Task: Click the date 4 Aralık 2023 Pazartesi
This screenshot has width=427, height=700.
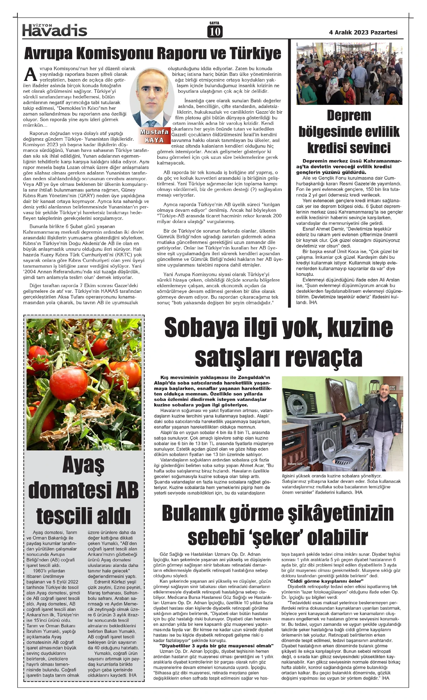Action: [363, 32]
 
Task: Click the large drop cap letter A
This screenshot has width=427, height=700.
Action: [31, 74]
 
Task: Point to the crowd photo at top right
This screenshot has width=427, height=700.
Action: [349, 74]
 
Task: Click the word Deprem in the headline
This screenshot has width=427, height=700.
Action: [349, 116]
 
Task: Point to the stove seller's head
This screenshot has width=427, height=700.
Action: [384, 391]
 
